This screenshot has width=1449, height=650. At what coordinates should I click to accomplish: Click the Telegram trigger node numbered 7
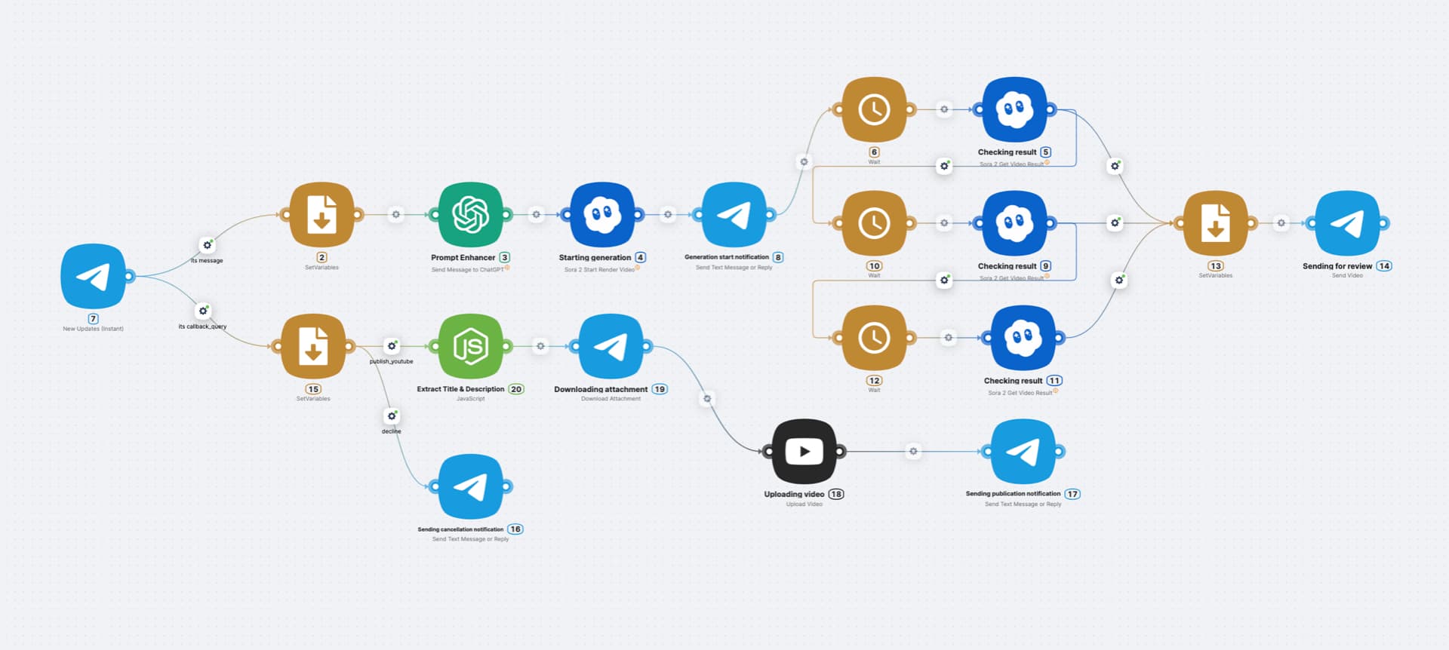[94, 276]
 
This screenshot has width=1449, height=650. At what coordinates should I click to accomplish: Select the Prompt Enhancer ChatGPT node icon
[470, 215]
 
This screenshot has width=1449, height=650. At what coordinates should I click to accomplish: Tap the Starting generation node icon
[602, 215]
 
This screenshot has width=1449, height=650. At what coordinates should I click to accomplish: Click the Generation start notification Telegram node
[734, 215]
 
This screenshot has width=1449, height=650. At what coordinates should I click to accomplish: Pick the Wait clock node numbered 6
[874, 109]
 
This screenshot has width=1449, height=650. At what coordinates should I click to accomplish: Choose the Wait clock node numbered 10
[874, 223]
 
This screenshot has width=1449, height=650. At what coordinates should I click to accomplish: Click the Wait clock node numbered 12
[874, 338]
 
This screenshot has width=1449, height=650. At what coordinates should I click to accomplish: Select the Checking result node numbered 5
[1014, 109]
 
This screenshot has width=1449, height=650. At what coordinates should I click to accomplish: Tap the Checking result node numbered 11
[1023, 338]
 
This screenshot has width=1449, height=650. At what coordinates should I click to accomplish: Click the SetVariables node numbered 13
[1215, 223]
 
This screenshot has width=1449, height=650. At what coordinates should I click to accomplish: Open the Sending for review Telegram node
[1347, 223]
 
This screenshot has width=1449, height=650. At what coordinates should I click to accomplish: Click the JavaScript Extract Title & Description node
[470, 346]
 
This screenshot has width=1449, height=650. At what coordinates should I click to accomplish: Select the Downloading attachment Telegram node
[611, 346]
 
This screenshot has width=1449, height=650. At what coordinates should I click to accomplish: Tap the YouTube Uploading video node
[804, 452]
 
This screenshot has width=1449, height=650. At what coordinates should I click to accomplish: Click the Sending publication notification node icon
[1023, 452]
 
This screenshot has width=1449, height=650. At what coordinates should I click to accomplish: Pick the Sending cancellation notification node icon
[470, 486]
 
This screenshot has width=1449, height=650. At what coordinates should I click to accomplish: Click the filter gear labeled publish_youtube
[392, 346]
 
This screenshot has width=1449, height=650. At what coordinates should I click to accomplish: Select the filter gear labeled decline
[392, 416]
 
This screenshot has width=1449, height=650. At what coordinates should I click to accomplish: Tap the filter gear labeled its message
[207, 245]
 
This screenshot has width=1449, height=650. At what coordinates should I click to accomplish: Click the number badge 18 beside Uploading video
[836, 495]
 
